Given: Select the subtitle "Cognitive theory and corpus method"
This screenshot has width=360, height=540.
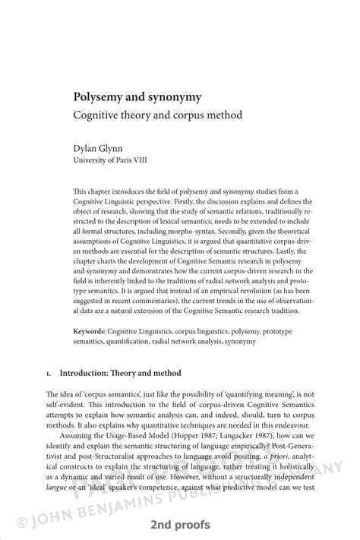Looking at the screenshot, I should [x=157, y=116].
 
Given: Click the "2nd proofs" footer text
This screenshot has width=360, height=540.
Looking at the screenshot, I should [x=180, y=525].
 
